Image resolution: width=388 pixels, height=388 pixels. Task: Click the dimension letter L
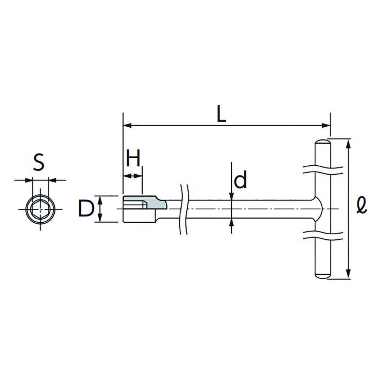pos(221,114)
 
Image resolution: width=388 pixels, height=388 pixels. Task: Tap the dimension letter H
pos(133,158)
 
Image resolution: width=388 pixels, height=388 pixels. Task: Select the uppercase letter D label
pos(86,209)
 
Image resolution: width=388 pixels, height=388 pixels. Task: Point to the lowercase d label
pos(240,179)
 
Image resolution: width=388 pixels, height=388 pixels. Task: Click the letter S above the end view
pos(39,162)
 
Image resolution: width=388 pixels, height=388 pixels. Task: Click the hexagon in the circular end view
pos(40,209)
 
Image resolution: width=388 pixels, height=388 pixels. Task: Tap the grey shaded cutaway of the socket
pos(145,202)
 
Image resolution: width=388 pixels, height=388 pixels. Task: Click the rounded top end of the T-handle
pos(323,142)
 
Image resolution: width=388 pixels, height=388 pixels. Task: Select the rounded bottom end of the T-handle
pos(323,275)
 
